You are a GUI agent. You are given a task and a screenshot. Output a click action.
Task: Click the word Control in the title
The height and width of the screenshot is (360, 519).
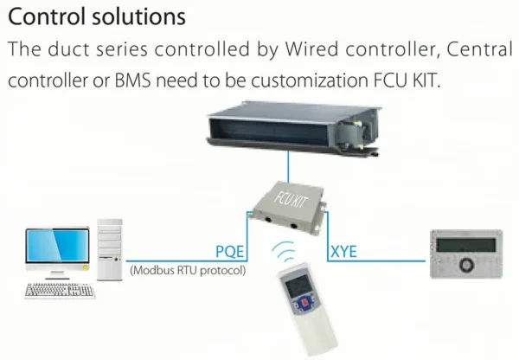coord(48,17)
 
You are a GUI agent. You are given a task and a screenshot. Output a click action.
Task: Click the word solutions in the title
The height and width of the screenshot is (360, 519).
coord(139,17)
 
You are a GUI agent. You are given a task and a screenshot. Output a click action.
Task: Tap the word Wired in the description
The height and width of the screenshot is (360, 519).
coord(311,49)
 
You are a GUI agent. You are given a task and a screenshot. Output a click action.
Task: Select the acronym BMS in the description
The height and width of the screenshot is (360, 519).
coord(132,80)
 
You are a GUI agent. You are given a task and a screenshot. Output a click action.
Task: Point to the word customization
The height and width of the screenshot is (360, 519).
coord(310,80)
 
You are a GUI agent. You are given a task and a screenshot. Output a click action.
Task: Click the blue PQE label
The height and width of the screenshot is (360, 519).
coord(230,251)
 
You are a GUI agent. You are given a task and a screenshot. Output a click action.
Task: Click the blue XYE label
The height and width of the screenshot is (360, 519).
coord(344,251)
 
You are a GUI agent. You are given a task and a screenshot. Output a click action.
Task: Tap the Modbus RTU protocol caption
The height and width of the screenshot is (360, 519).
coord(188,270)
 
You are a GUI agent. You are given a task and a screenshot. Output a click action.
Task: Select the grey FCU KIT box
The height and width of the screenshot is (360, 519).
coord(287,208)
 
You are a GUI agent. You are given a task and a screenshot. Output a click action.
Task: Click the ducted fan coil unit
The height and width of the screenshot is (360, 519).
coord(293,128)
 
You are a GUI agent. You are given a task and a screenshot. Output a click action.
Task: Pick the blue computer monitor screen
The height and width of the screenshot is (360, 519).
coord(58,245)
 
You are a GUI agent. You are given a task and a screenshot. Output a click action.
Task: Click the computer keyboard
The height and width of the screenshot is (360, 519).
coord(60,291)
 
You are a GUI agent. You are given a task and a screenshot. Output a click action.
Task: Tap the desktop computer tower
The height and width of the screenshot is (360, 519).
coord(110,250)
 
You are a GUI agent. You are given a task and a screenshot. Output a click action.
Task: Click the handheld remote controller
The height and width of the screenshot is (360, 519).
coord(306,309)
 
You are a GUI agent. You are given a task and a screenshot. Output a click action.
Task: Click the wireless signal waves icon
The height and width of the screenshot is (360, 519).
coord(284,252)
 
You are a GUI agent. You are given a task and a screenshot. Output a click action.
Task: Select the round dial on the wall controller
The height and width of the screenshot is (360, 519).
coord(467,265)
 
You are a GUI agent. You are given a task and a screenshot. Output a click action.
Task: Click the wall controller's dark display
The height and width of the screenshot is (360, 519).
coord(466,245)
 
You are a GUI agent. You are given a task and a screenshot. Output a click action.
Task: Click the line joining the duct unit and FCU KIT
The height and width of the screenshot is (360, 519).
coord(288,167)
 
